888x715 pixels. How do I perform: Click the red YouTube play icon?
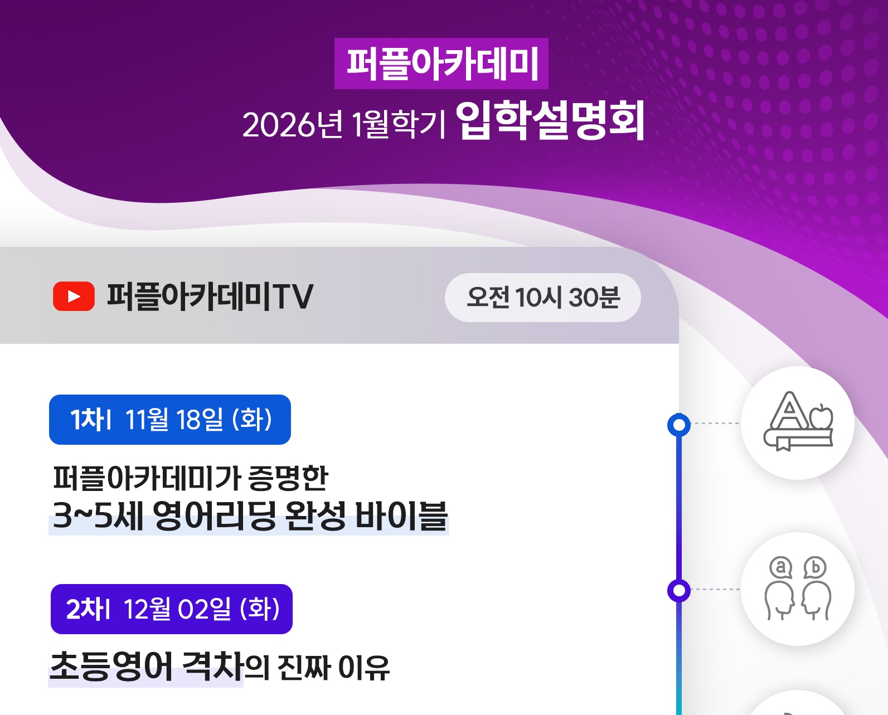point(74,296)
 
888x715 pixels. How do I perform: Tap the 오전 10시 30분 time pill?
point(542,298)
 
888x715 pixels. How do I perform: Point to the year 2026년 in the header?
point(293,125)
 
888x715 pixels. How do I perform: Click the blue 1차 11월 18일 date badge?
point(170,420)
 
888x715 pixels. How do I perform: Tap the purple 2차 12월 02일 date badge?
point(172,609)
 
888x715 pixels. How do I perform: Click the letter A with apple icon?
point(798,421)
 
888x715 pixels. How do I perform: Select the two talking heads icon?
point(798,588)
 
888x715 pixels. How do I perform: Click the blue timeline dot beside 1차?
point(679,425)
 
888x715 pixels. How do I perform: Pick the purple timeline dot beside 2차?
point(679,590)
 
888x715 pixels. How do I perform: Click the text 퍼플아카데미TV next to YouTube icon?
point(210,296)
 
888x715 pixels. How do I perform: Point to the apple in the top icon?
point(821,417)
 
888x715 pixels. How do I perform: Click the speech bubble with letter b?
point(815,568)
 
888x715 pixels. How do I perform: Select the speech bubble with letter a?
point(781,568)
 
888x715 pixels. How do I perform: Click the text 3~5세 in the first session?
point(98,515)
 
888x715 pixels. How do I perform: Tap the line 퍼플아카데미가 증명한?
point(191,478)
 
